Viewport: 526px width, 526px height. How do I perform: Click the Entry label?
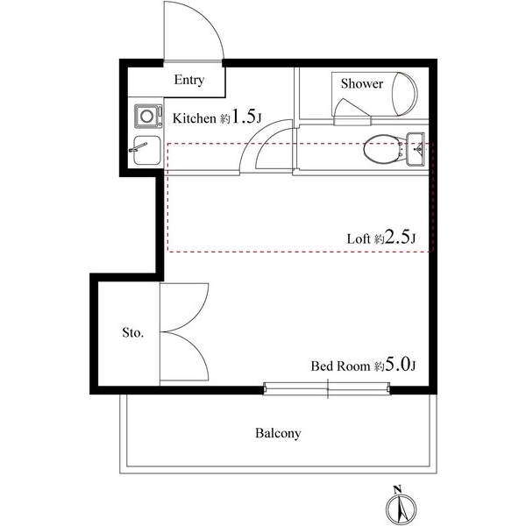click(x=189, y=80)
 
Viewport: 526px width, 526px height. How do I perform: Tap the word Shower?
click(x=361, y=83)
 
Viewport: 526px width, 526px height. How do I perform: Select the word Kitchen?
click(x=194, y=118)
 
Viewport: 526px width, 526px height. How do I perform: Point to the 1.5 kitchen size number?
click(x=243, y=116)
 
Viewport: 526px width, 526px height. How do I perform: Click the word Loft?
click(x=359, y=238)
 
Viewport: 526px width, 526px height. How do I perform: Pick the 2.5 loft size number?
click(x=398, y=237)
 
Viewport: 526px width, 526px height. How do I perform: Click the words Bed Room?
click(x=340, y=366)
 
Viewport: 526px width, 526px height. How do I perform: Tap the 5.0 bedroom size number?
click(x=398, y=364)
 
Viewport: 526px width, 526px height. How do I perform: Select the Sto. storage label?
click(x=133, y=332)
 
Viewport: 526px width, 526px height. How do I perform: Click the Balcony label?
click(x=278, y=433)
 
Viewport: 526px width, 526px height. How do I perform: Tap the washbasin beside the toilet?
click(x=416, y=149)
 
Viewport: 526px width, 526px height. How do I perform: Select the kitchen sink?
click(x=147, y=150)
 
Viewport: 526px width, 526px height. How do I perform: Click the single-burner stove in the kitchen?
click(x=148, y=116)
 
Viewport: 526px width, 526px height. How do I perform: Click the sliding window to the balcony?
click(x=327, y=388)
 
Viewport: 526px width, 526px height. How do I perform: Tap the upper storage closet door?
click(x=184, y=308)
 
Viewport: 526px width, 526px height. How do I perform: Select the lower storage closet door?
click(x=184, y=357)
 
